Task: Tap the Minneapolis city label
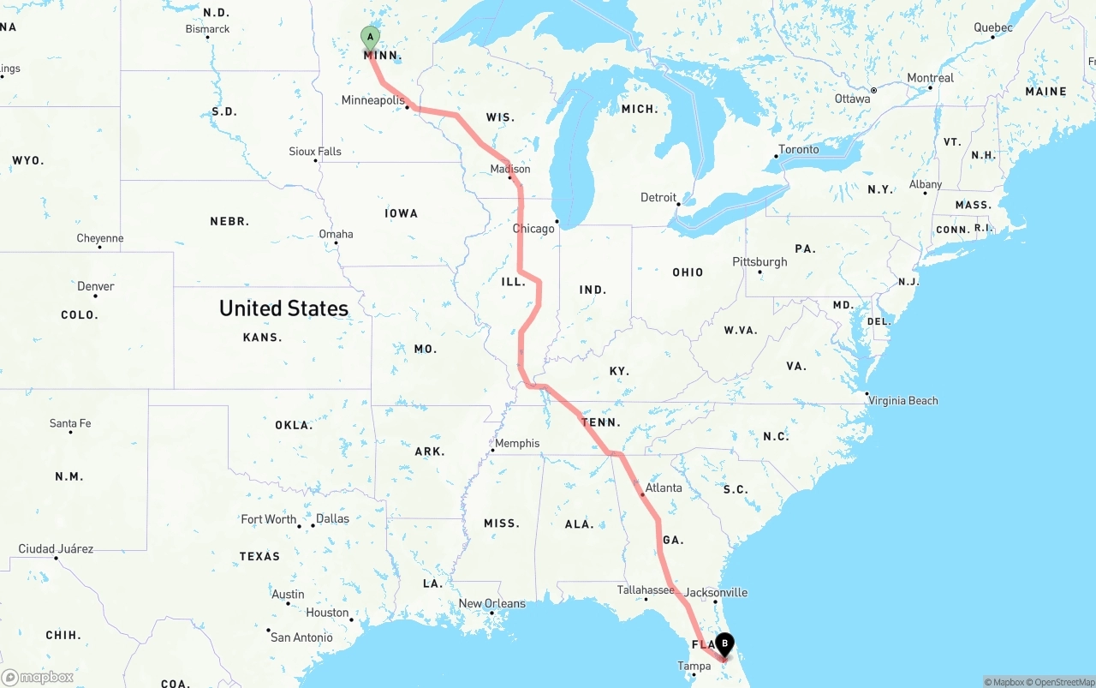pos(372,100)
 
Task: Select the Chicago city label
pos(533,229)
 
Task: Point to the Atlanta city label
pos(664,488)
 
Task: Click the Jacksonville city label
pos(716,592)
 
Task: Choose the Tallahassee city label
pos(646,590)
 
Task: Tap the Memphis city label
pos(517,443)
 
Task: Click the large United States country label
pos(283,308)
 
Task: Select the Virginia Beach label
pos(902,400)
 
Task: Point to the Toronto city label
pos(798,149)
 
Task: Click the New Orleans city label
pos(491,603)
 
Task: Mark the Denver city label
pos(95,286)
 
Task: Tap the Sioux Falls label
pos(314,152)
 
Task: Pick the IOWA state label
pos(401,213)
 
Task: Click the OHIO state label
pos(688,272)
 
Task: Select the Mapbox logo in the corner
pos(38,677)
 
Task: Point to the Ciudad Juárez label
pos(56,548)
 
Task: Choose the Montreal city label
pos(930,78)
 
